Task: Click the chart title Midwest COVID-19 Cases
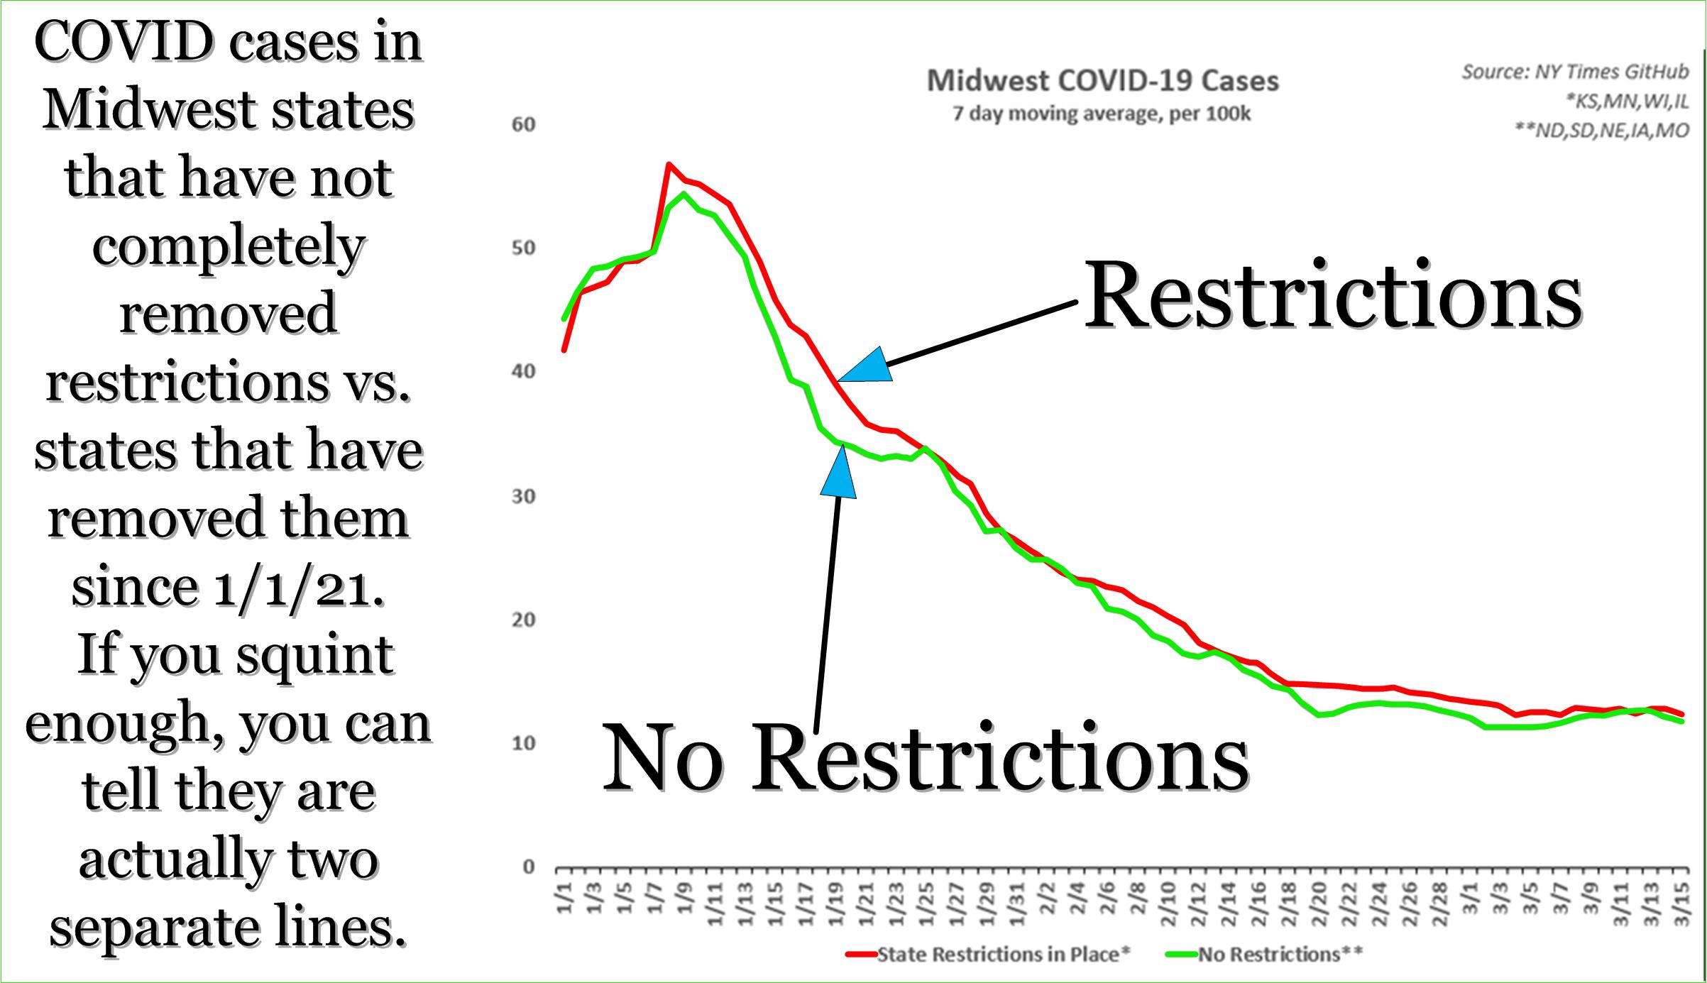pyautogui.click(x=1102, y=82)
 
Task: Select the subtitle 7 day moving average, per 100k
pyautogui.click(x=1102, y=114)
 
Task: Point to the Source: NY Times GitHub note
pyautogui.click(x=1575, y=72)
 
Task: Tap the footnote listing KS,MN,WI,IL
pyautogui.click(x=1627, y=101)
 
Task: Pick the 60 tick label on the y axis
pyautogui.click(x=524, y=125)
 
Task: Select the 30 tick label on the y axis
pyautogui.click(x=524, y=496)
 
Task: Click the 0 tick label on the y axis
pyautogui.click(x=529, y=867)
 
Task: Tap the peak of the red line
pyautogui.click(x=669, y=165)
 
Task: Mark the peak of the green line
pyautogui.click(x=683, y=194)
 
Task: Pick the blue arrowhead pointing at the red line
pyautogui.click(x=869, y=367)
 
